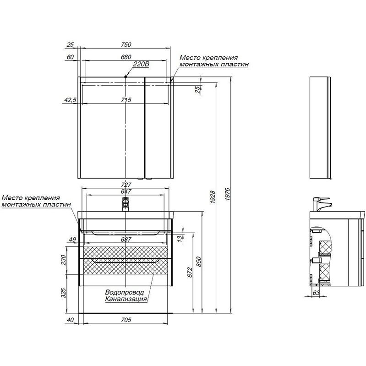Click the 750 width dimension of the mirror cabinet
coord(126,44)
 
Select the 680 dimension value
coord(126,57)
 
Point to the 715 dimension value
coord(126,100)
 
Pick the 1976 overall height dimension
coord(228,194)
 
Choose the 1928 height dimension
coord(213,197)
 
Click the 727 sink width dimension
coord(126,185)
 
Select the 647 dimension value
coord(126,191)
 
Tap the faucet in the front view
coord(126,204)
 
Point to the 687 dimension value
coord(126,239)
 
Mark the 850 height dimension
coord(198,262)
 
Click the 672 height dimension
coord(190,272)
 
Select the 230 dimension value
coord(63,260)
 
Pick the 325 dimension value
coord(63,293)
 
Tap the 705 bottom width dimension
coord(126,320)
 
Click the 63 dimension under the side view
coord(316,292)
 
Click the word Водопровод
coord(125,292)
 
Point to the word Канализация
coord(126,299)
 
